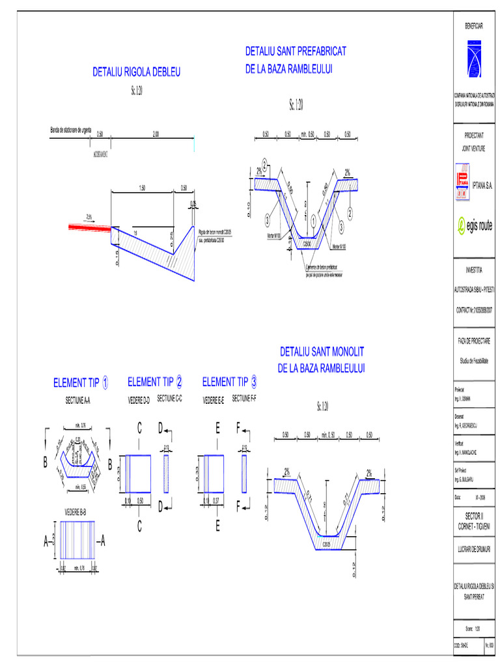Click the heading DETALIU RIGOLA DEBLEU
click(x=136, y=71)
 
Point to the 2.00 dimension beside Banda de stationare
click(x=156, y=134)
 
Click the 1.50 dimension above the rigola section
click(x=141, y=188)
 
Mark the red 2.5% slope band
click(x=89, y=227)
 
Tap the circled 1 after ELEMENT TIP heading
click(x=106, y=383)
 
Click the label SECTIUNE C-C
click(x=171, y=398)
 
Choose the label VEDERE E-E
click(x=214, y=399)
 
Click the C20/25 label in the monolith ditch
click(x=327, y=542)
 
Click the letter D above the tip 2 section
click(x=160, y=428)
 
